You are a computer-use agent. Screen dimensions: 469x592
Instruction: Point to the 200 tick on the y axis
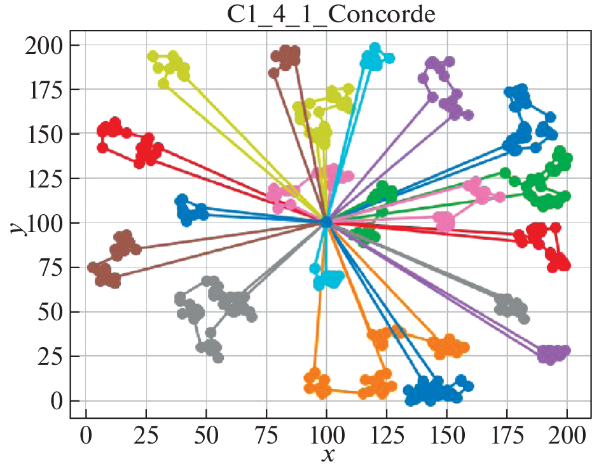tap(47, 46)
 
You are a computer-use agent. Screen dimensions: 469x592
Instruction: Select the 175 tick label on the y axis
tap(47, 90)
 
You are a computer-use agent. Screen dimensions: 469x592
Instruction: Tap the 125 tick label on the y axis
tap(47, 179)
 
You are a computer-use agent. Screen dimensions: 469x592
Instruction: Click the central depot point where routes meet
tap(326, 222)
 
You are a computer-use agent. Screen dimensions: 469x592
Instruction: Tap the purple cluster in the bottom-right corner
tap(553, 353)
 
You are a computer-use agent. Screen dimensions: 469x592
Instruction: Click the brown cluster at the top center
tap(286, 57)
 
